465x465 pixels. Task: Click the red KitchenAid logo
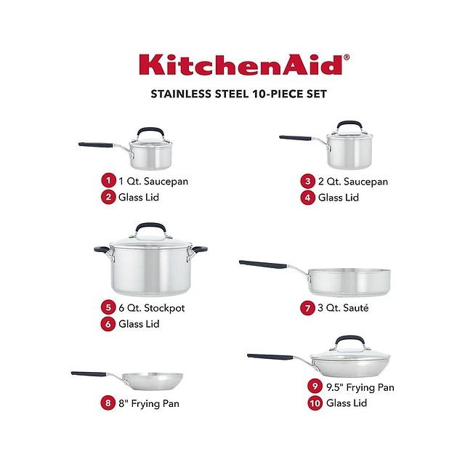click(x=244, y=65)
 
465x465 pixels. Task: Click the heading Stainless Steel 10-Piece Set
click(x=239, y=94)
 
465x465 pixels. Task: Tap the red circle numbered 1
click(x=108, y=180)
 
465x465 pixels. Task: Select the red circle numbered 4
click(x=307, y=198)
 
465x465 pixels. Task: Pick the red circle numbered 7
click(x=307, y=308)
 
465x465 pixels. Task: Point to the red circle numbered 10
click(x=315, y=403)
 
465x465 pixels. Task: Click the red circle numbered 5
click(x=108, y=307)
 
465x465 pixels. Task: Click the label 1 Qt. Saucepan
click(x=153, y=181)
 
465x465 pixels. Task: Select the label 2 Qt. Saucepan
click(x=353, y=182)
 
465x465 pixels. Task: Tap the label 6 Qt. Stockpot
click(x=152, y=308)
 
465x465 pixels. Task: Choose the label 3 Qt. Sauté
click(x=343, y=308)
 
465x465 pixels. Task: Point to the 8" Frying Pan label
click(x=149, y=404)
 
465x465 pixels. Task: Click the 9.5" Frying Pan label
click(x=360, y=387)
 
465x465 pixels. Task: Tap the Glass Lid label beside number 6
click(x=139, y=324)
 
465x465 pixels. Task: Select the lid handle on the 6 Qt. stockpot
click(x=150, y=228)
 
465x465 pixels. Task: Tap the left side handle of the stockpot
click(x=102, y=251)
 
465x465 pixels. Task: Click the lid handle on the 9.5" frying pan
click(x=349, y=341)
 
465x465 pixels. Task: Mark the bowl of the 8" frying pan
click(x=153, y=381)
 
